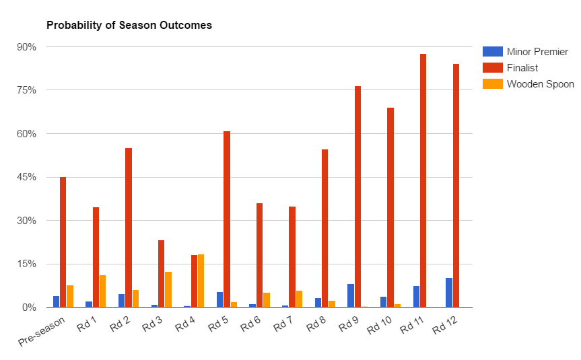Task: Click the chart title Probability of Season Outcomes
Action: [x=129, y=26]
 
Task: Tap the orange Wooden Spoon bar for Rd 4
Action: [x=201, y=281]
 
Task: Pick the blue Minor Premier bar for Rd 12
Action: [x=449, y=293]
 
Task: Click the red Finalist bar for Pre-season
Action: [x=63, y=242]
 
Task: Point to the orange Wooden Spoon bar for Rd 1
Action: [x=102, y=291]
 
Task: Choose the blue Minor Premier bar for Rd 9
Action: [x=351, y=295]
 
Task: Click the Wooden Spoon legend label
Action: [x=540, y=84]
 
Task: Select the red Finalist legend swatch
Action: [x=493, y=68]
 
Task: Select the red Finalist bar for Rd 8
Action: [x=325, y=228]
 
